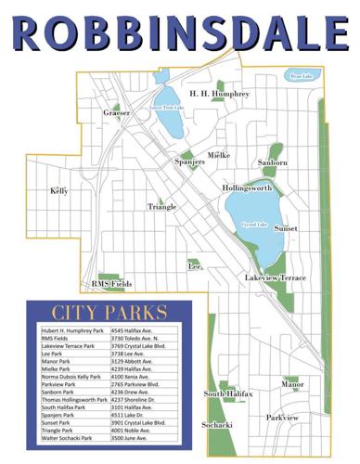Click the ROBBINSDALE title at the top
(x=179, y=32)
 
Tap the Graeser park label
(x=117, y=113)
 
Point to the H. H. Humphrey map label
(x=219, y=94)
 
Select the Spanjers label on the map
(x=190, y=161)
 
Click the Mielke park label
(x=219, y=155)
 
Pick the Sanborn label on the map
(x=273, y=162)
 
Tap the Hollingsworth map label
(x=247, y=187)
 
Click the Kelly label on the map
(x=59, y=191)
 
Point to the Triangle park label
(x=161, y=207)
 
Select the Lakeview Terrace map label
(x=275, y=278)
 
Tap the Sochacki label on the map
(x=217, y=424)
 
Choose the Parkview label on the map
(x=282, y=418)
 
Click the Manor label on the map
(x=292, y=383)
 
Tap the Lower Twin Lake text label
(x=167, y=109)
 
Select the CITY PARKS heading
(x=109, y=312)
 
